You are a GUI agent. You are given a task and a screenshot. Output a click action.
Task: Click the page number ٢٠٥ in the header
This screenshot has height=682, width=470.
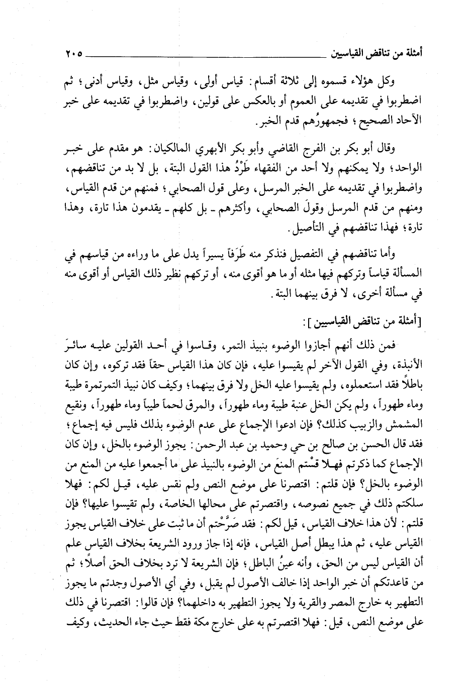(73, 52)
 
